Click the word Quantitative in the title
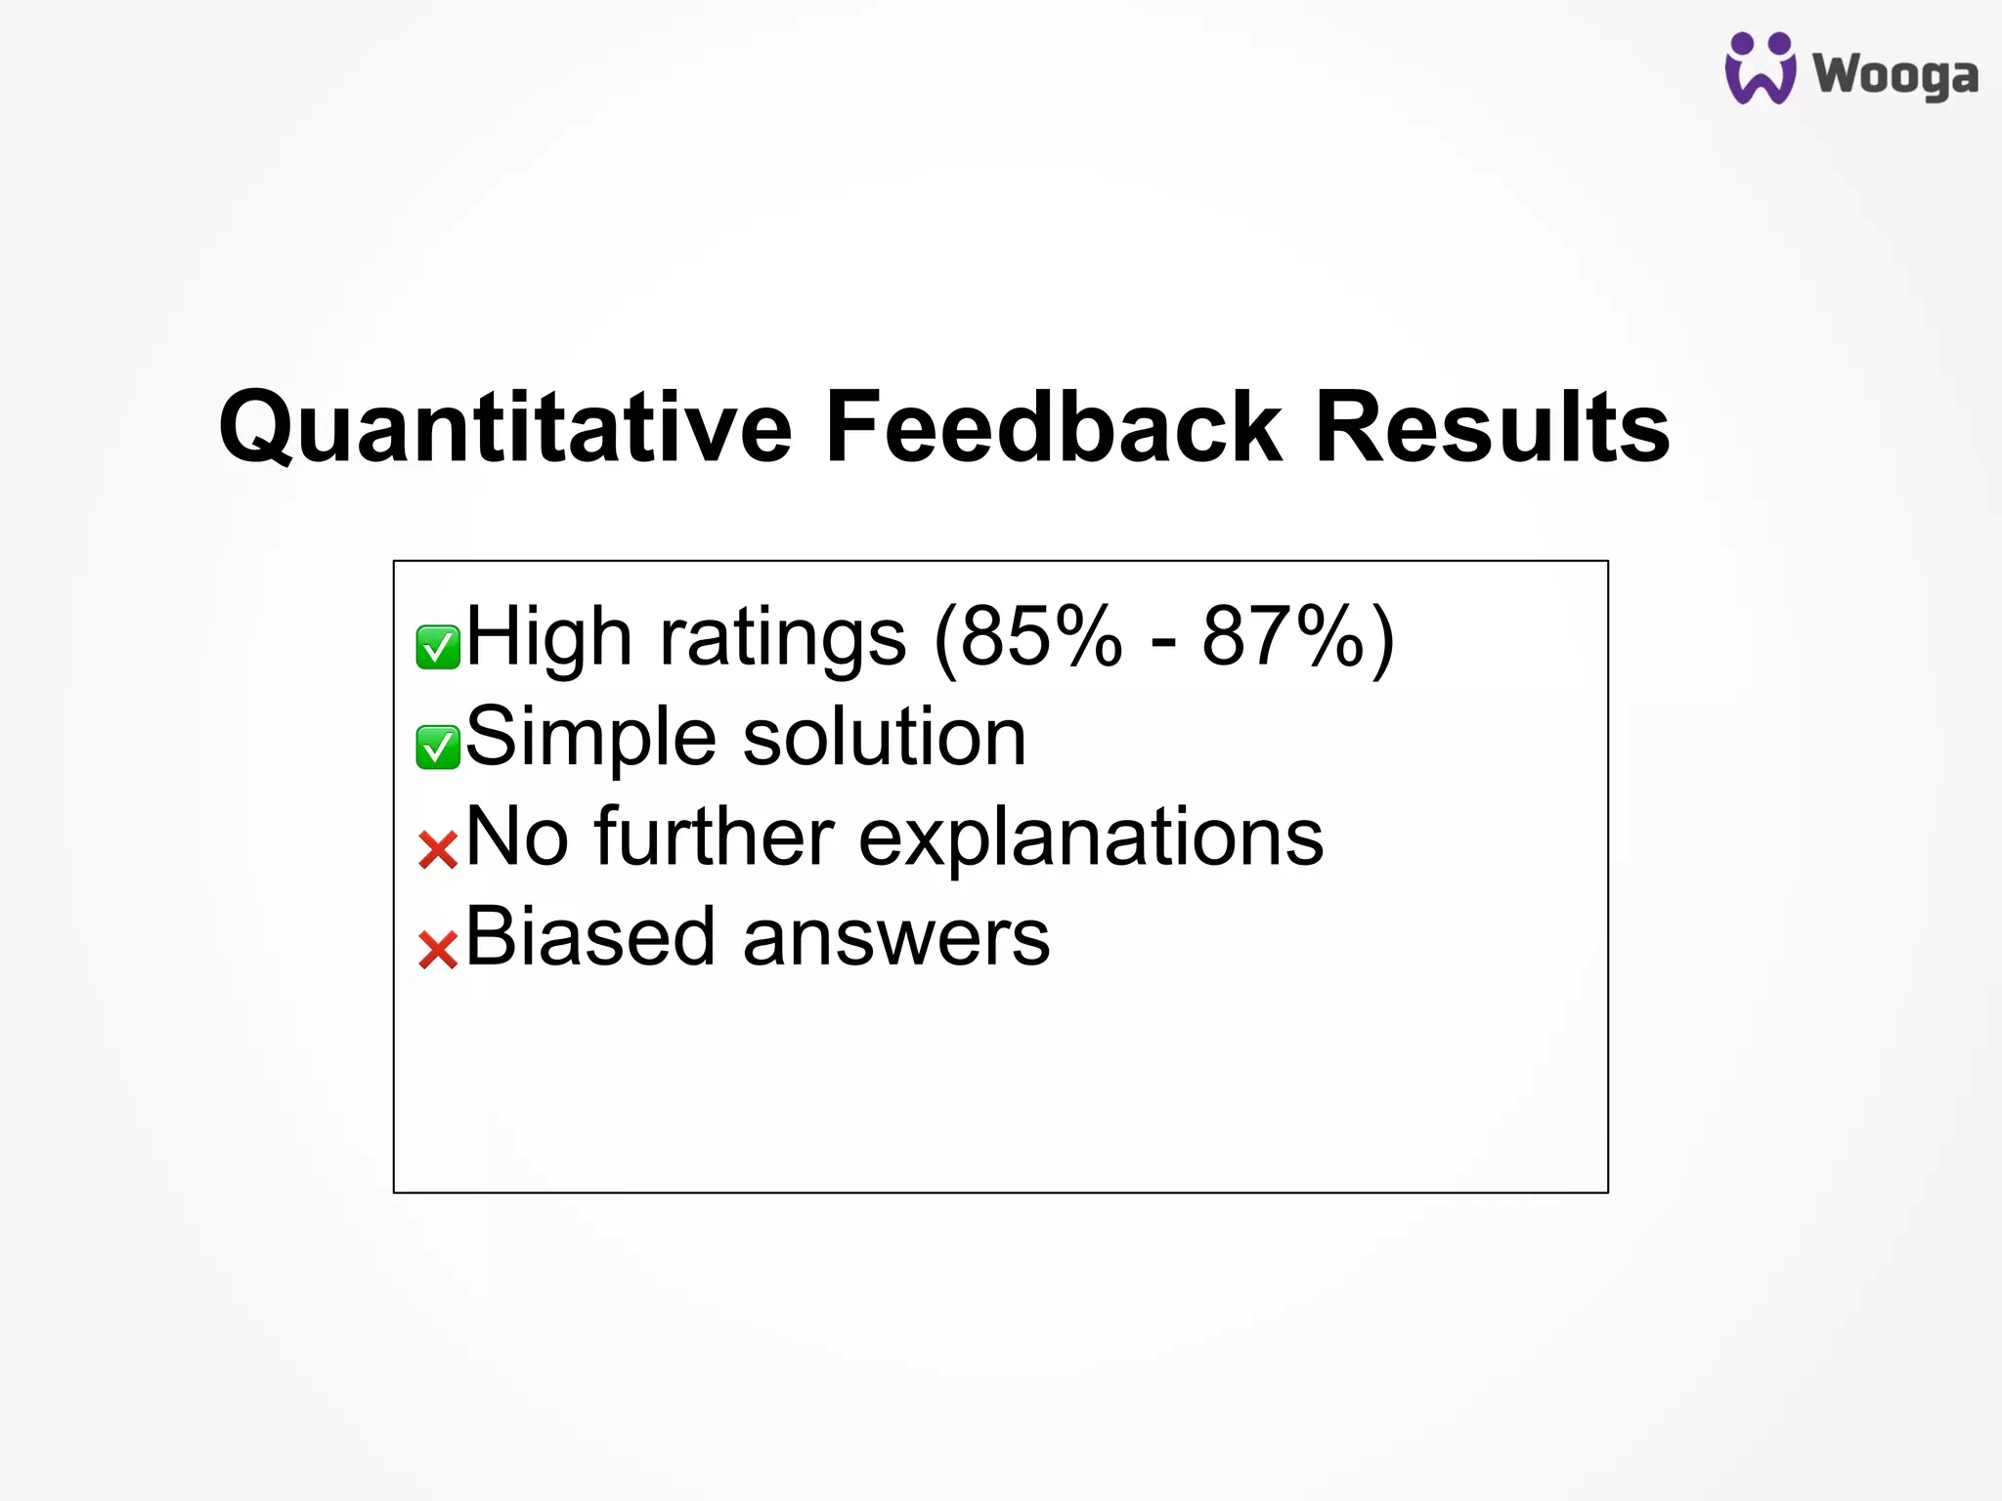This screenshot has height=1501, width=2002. [x=504, y=428]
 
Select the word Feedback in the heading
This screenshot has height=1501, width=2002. [x=1052, y=428]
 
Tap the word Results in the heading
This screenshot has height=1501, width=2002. [x=1492, y=428]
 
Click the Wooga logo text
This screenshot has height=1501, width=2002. [x=1895, y=75]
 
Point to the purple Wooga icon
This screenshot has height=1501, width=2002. [x=1760, y=68]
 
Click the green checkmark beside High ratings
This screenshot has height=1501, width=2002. [x=437, y=647]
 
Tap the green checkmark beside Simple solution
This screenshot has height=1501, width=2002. [x=437, y=748]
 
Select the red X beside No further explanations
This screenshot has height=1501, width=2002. [x=437, y=849]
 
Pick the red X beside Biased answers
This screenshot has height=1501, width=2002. [x=437, y=949]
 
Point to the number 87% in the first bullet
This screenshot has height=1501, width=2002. [x=1283, y=637]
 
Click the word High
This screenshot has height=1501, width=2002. [x=548, y=637]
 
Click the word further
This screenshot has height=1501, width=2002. [x=714, y=837]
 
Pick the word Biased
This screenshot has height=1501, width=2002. [x=589, y=937]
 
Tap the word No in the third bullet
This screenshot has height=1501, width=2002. [x=517, y=837]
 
